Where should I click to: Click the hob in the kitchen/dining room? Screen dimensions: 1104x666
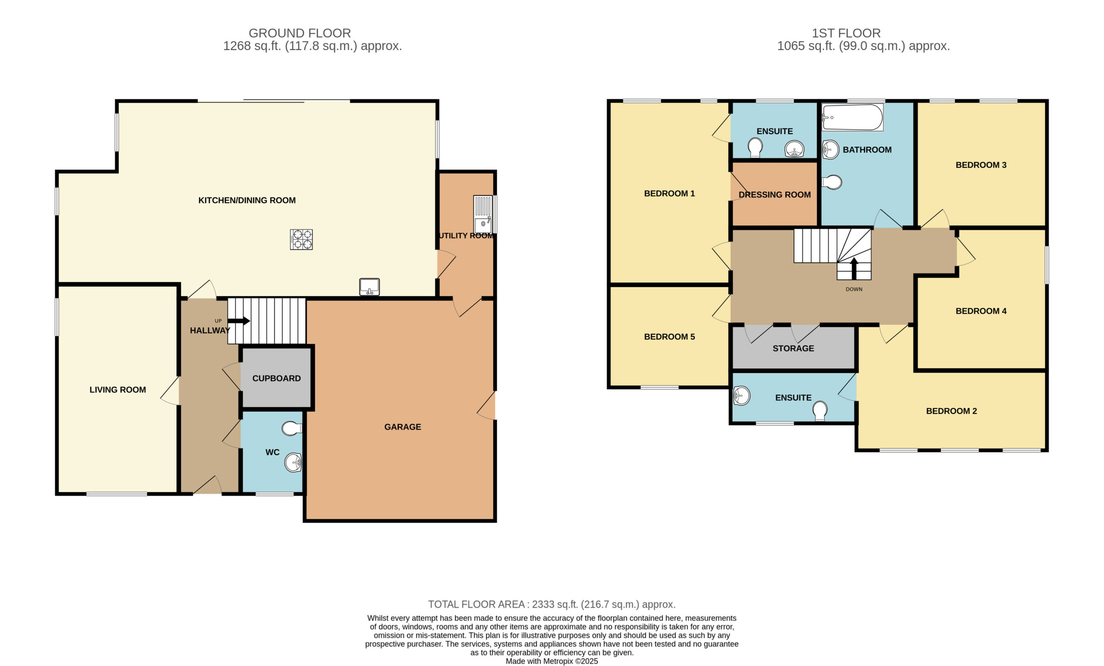[x=301, y=239]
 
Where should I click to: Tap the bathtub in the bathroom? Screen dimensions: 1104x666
[x=852, y=117]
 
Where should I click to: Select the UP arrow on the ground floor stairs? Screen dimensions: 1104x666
[x=239, y=321]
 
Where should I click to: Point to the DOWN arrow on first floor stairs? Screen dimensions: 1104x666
[x=853, y=268]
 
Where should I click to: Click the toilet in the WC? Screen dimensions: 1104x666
[x=292, y=428]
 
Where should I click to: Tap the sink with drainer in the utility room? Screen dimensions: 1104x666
[x=483, y=214]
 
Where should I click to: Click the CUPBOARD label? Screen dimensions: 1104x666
[x=276, y=378]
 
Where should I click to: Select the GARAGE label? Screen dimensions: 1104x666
[x=402, y=427]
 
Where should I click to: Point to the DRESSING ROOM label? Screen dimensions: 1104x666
[x=775, y=195]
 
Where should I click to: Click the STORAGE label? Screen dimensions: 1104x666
[x=793, y=348]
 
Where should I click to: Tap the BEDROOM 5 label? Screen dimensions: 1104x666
[x=669, y=337]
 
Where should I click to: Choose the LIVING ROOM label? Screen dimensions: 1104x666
[x=117, y=390]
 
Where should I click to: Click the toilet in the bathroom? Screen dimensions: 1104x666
[x=831, y=182]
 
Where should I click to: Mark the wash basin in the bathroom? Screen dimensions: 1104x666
[x=830, y=150]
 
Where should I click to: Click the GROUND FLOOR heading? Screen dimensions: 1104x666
[x=300, y=33]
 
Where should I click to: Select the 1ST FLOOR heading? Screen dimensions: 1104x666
[x=846, y=33]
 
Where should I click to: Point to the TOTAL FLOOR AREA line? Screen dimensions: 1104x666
[x=552, y=604]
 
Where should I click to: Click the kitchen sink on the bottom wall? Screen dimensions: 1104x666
[x=369, y=287]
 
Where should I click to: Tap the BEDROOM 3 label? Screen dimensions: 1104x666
[x=981, y=165]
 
